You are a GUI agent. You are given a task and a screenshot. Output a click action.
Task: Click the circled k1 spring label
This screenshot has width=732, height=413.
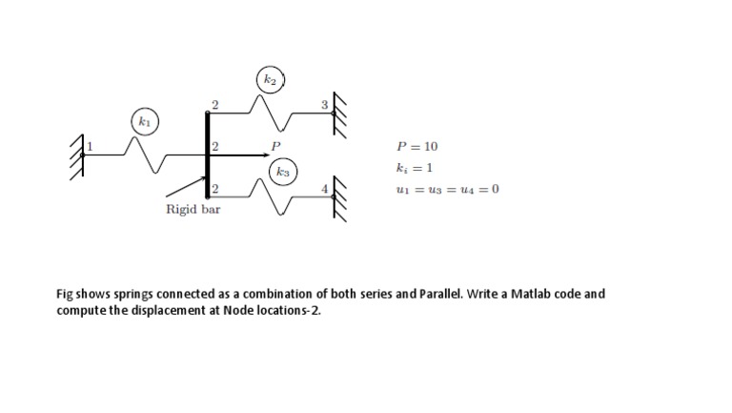145,122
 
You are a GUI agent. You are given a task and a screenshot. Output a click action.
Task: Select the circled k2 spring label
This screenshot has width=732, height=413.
271,79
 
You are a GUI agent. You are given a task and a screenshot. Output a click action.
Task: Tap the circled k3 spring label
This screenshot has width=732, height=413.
283,172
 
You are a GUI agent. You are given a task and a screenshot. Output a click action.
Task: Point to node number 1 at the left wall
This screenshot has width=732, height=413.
91,146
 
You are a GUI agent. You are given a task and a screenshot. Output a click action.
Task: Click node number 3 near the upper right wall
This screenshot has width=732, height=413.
324,105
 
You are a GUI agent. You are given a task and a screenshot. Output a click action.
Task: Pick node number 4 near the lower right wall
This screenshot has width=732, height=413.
324,189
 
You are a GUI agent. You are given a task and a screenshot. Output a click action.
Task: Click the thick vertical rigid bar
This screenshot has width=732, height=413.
207,155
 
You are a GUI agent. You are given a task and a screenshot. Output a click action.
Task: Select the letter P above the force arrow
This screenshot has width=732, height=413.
275,146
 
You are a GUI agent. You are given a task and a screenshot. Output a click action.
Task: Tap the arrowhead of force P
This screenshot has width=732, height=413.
266,155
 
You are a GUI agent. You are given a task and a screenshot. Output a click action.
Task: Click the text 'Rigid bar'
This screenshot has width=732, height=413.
193,209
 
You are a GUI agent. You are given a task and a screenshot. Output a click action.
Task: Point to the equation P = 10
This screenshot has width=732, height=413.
417,147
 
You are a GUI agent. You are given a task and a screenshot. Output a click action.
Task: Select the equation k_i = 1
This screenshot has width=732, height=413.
415,168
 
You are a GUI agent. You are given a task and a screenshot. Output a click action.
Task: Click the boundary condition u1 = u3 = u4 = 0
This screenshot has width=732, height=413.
448,189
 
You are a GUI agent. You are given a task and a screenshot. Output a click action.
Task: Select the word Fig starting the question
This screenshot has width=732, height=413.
65,295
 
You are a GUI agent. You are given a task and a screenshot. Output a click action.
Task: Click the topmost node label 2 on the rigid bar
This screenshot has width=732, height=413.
214,105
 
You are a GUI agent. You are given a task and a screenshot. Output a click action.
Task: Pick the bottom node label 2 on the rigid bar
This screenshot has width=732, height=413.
214,189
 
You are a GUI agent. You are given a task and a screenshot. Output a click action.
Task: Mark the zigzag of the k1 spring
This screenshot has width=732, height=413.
145,155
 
